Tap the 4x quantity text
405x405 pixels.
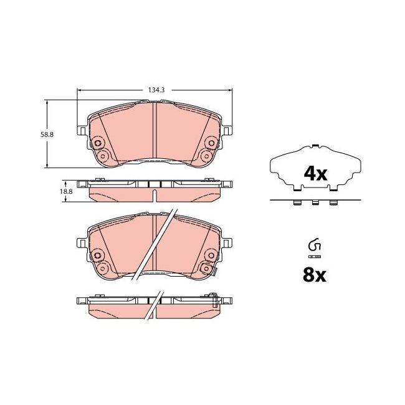point(315,174)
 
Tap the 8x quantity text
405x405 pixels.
point(315,274)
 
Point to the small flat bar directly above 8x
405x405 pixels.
point(314,255)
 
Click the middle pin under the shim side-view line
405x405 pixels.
point(315,202)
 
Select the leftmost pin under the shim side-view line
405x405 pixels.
point(296,202)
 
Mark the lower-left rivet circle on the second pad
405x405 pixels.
point(102,268)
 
